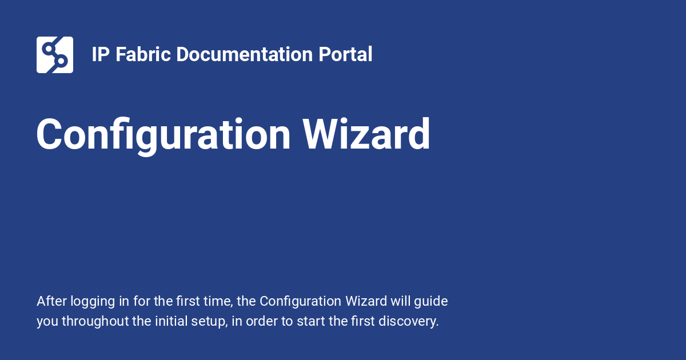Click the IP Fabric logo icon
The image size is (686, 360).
click(55, 55)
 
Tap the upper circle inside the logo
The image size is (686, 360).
click(49, 49)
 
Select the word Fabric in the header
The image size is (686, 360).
click(143, 54)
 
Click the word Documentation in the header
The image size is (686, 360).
click(245, 54)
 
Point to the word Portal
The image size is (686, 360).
click(345, 54)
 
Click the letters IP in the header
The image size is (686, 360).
click(101, 54)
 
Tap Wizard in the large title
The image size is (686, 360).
click(366, 134)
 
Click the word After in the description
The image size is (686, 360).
click(52, 301)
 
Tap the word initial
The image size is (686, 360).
click(171, 321)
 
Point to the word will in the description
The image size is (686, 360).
click(400, 301)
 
